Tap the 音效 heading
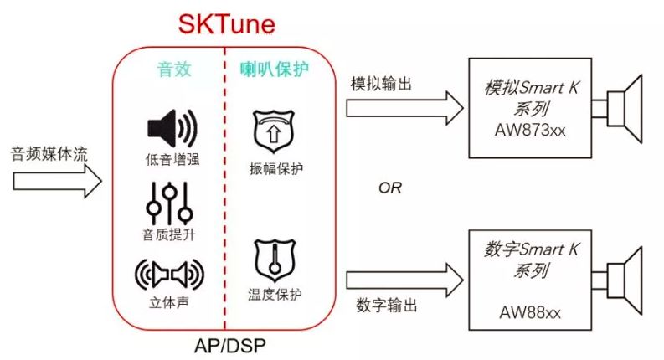(x=173, y=69)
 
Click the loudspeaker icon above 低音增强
(x=171, y=127)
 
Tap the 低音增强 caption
(x=171, y=159)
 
